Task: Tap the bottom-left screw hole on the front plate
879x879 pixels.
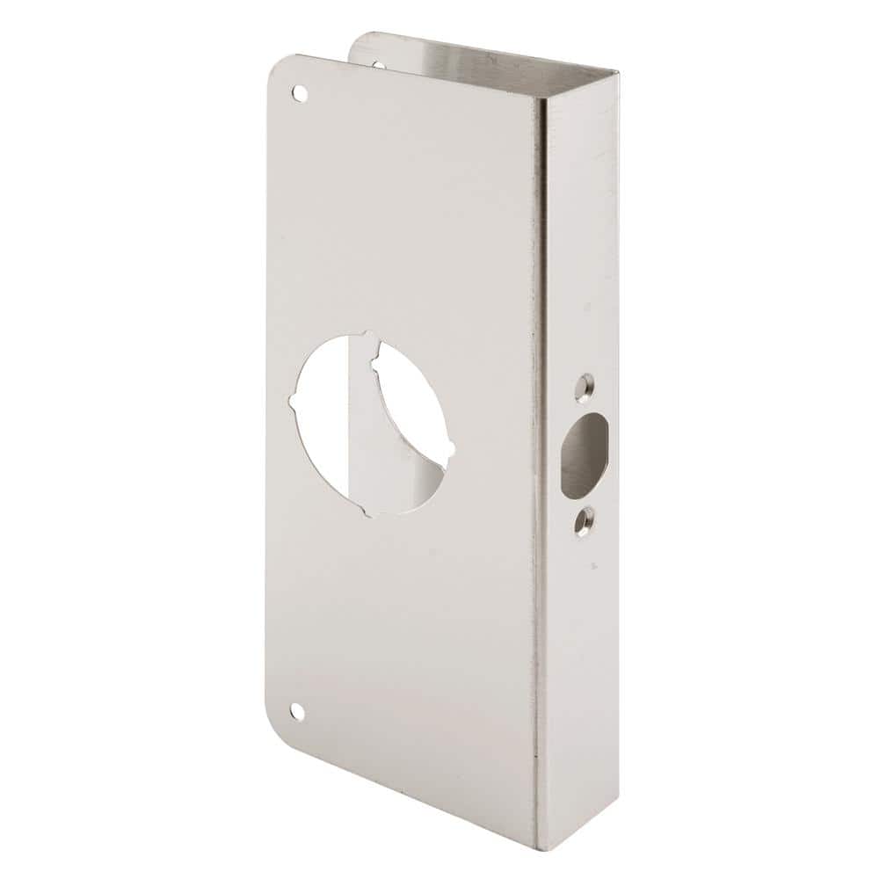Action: click(297, 711)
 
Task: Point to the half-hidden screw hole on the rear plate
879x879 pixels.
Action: click(378, 63)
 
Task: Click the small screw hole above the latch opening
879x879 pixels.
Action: click(585, 385)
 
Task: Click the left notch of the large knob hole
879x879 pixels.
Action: click(293, 403)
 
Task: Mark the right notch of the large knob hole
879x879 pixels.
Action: click(451, 451)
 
